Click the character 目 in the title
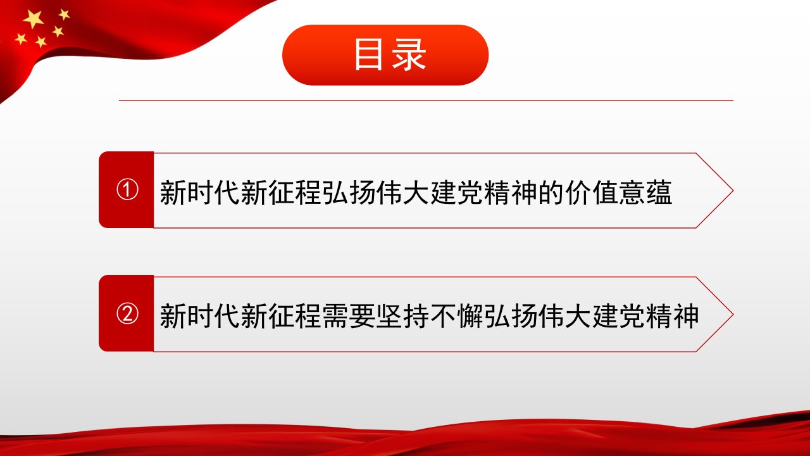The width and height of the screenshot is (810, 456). [368, 54]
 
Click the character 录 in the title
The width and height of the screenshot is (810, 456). [409, 54]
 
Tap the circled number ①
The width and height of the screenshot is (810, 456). [127, 189]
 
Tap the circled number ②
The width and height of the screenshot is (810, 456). [127, 313]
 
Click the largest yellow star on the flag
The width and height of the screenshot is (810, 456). [34, 19]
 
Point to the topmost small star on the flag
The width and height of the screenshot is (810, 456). [64, 14]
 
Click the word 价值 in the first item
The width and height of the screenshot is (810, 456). [592, 193]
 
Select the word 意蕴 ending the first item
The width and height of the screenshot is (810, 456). [645, 193]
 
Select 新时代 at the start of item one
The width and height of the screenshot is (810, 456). [200, 193]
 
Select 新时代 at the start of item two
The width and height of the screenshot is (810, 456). [200, 316]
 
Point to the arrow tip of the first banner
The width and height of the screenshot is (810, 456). [733, 191]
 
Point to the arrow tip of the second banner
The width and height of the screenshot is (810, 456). [733, 314]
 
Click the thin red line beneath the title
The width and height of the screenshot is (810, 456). [426, 100]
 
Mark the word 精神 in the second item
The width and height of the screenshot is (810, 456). [672, 316]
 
